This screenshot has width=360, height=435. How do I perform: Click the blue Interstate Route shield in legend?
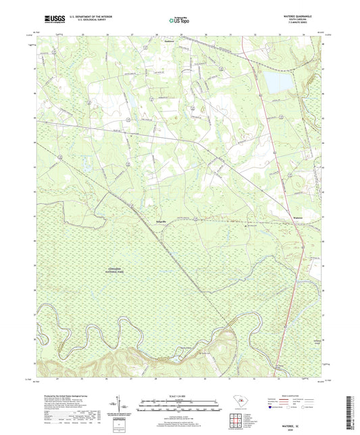[x=280, y=399]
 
